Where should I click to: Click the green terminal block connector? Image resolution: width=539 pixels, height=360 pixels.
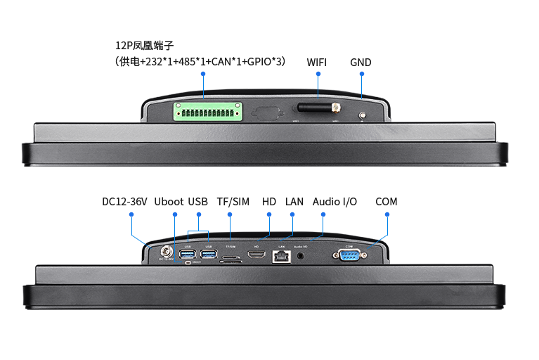(209, 112)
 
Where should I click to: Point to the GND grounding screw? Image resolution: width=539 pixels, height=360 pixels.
(363, 115)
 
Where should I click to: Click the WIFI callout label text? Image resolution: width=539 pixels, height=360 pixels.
(316, 62)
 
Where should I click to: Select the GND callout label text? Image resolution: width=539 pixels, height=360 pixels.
(361, 62)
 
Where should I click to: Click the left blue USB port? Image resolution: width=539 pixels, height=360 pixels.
(188, 254)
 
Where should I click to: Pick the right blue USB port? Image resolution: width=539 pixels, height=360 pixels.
(209, 254)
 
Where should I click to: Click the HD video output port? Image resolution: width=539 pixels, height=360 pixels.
(258, 256)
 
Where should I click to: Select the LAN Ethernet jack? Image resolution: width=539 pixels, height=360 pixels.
(281, 256)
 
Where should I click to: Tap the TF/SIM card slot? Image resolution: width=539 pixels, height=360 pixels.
(232, 259)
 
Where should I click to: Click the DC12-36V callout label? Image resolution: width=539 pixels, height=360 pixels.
(124, 202)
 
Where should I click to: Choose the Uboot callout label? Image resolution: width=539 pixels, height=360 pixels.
(169, 202)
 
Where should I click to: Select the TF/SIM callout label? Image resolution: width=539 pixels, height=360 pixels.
(233, 202)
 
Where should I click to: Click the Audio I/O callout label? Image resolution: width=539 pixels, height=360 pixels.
(335, 202)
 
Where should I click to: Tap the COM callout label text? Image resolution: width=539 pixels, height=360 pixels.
(386, 202)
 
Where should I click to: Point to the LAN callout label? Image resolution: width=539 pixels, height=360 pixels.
(294, 202)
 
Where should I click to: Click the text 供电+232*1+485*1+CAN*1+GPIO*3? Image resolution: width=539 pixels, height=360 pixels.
(200, 62)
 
